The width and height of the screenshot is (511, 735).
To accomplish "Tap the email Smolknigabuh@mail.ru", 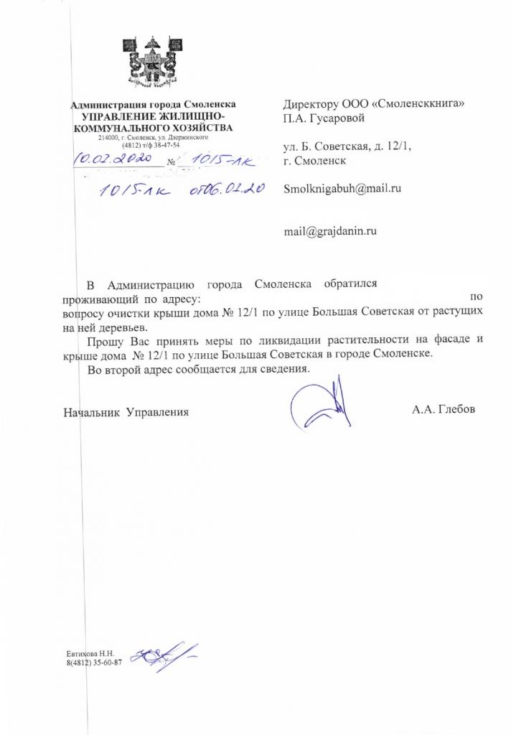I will click(342, 189).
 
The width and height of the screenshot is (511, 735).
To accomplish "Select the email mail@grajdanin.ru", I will click(331, 231).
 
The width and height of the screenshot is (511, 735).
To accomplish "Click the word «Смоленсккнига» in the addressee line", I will click(416, 103).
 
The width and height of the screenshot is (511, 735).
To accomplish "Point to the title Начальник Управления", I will click(126, 412).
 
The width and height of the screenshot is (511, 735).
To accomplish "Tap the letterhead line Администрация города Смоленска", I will click(154, 105).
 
